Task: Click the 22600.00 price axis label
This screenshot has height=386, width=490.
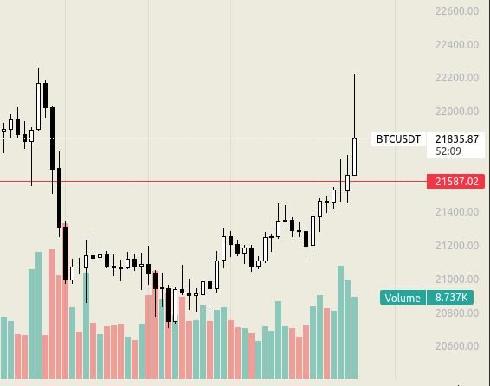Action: pyautogui.click(x=457, y=11)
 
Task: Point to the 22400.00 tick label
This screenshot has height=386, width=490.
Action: pyautogui.click(x=457, y=45)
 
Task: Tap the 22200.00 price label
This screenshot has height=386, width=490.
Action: pyautogui.click(x=457, y=78)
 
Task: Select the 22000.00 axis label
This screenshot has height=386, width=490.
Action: pyautogui.click(x=457, y=112)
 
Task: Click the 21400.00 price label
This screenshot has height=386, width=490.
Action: pyautogui.click(x=457, y=212)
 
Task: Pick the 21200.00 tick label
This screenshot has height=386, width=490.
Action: pyautogui.click(x=457, y=246)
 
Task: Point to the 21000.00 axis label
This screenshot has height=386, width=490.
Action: pyautogui.click(x=457, y=280)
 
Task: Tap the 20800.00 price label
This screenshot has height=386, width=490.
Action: pyautogui.click(x=457, y=313)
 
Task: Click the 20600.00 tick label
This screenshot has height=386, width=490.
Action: pyautogui.click(x=457, y=346)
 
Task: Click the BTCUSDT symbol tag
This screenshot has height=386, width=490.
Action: pyautogui.click(x=398, y=139)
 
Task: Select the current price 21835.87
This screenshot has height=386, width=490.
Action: pyautogui.click(x=457, y=139)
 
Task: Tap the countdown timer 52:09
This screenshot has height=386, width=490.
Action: pyautogui.click(x=448, y=151)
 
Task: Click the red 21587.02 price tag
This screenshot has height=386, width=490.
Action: pyautogui.click(x=455, y=182)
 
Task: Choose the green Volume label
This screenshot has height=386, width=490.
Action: pyautogui.click(x=403, y=298)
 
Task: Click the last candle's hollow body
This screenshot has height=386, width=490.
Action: pyautogui.click(x=354, y=158)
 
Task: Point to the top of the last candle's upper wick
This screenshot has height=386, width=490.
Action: pyautogui.click(x=354, y=74)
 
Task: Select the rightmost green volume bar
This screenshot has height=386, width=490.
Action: pyautogui.click(x=354, y=338)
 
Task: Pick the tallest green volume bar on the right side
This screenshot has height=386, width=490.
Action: pyautogui.click(x=340, y=322)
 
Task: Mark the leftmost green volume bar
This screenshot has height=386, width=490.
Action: pyautogui.click(x=3, y=348)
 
